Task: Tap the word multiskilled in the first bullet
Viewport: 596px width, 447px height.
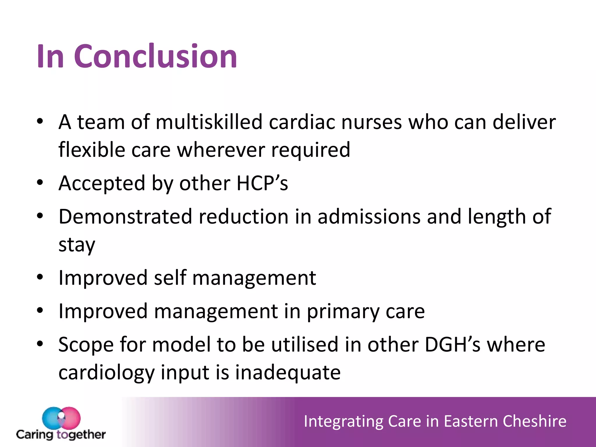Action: (x=209, y=122)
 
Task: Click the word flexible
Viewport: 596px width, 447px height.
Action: (x=91, y=150)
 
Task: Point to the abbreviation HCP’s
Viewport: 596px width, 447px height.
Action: (x=262, y=183)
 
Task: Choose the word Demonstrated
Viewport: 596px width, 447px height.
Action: (x=125, y=217)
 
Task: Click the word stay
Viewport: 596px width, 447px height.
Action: (x=77, y=245)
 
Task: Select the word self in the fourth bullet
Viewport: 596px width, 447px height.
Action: (x=170, y=278)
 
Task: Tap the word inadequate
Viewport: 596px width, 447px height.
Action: (x=288, y=372)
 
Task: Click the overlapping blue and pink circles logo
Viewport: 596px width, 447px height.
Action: (x=61, y=418)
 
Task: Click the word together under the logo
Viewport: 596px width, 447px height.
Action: (x=81, y=435)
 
